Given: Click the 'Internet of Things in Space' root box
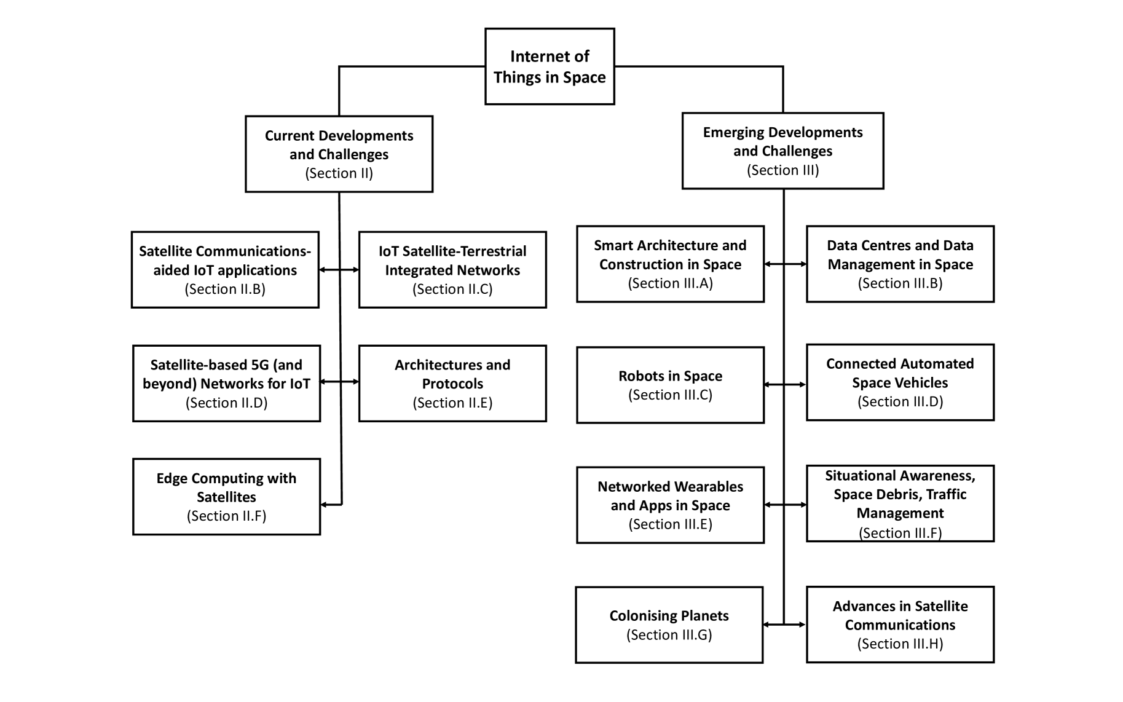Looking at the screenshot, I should click(x=550, y=66).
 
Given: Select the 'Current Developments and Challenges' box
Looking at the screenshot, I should click(x=339, y=154).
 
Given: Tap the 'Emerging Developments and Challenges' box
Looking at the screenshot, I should click(x=782, y=151).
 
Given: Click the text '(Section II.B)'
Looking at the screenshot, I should click(x=225, y=289).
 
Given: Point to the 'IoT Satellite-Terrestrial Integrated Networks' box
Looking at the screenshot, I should click(x=452, y=269).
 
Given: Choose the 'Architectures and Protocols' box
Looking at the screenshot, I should click(x=452, y=383).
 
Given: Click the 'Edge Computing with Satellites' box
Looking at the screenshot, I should click(x=226, y=496).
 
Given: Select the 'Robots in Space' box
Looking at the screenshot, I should click(x=670, y=385).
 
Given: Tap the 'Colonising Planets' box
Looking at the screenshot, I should click(x=669, y=625).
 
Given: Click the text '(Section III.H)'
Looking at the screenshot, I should click(x=900, y=644).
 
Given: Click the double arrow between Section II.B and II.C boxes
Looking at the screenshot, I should click(x=339, y=269).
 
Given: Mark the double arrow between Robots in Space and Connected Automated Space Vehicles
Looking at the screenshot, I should click(x=784, y=385).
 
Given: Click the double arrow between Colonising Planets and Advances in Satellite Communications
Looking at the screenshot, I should click(x=784, y=625).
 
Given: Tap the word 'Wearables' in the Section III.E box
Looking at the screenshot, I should click(x=709, y=487).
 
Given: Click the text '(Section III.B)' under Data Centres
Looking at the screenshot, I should click(x=900, y=283).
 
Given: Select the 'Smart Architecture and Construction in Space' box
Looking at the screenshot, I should click(x=670, y=264).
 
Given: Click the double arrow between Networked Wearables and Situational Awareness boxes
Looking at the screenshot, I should click(x=784, y=505).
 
